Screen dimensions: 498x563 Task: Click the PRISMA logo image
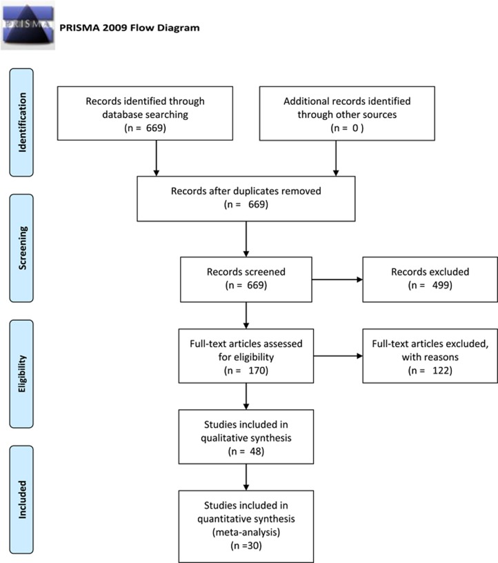pos(28,25)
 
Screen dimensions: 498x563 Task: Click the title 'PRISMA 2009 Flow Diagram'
pos(129,28)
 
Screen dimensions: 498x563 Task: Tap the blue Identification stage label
pos(21,122)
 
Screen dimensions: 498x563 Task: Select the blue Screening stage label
pos(21,248)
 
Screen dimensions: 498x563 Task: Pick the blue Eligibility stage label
pos(21,374)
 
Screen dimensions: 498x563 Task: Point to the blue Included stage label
pos(21,500)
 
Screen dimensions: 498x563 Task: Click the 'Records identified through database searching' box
pos(145,113)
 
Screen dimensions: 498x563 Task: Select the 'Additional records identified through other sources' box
pos(347,113)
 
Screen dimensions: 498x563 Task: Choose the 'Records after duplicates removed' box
pos(246,199)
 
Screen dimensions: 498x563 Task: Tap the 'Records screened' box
pos(246,279)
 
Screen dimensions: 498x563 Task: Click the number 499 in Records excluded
pos(442,285)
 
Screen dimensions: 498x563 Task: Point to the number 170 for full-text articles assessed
pos(258,371)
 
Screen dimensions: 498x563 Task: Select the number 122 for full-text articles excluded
pos(442,371)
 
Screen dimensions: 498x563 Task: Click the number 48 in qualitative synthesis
pos(257,451)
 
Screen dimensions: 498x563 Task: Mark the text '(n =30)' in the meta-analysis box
pos(246,545)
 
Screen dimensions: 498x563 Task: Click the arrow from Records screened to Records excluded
pos(337,279)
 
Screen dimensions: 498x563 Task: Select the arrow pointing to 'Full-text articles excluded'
pos(338,356)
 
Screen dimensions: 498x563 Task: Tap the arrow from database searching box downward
pos(156,158)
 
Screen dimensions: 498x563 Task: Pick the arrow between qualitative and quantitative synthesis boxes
pos(246,477)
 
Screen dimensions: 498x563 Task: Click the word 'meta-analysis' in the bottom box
pos(246,532)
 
